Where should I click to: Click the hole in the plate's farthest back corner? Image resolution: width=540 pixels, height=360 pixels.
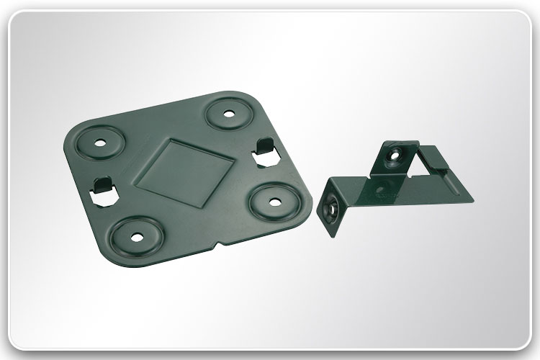[228, 113]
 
